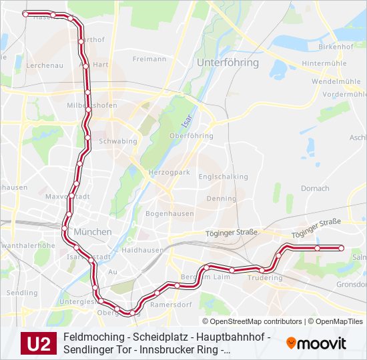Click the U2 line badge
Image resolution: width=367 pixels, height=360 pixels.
pyautogui.click(x=39, y=343)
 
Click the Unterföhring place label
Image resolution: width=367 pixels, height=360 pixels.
pyautogui.click(x=228, y=62)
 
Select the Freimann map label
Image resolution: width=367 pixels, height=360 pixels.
pyautogui.click(x=149, y=59)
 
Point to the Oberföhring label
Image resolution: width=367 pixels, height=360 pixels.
pyautogui.click(x=192, y=136)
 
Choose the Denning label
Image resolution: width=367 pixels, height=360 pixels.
pyautogui.click(x=221, y=199)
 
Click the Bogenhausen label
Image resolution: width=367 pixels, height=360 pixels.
pyautogui.click(x=169, y=214)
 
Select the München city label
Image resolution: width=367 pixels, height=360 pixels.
pyautogui.click(x=93, y=231)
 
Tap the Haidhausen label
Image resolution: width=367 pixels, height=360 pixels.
pyautogui.click(x=143, y=250)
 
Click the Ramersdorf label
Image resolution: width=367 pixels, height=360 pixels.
pyautogui.click(x=171, y=304)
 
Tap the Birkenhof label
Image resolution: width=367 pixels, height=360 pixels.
pyautogui.click(x=336, y=47)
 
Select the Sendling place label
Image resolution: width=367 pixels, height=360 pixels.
pyautogui.click(x=22, y=293)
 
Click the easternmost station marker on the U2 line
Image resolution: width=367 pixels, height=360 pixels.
pyautogui.click(x=341, y=248)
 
